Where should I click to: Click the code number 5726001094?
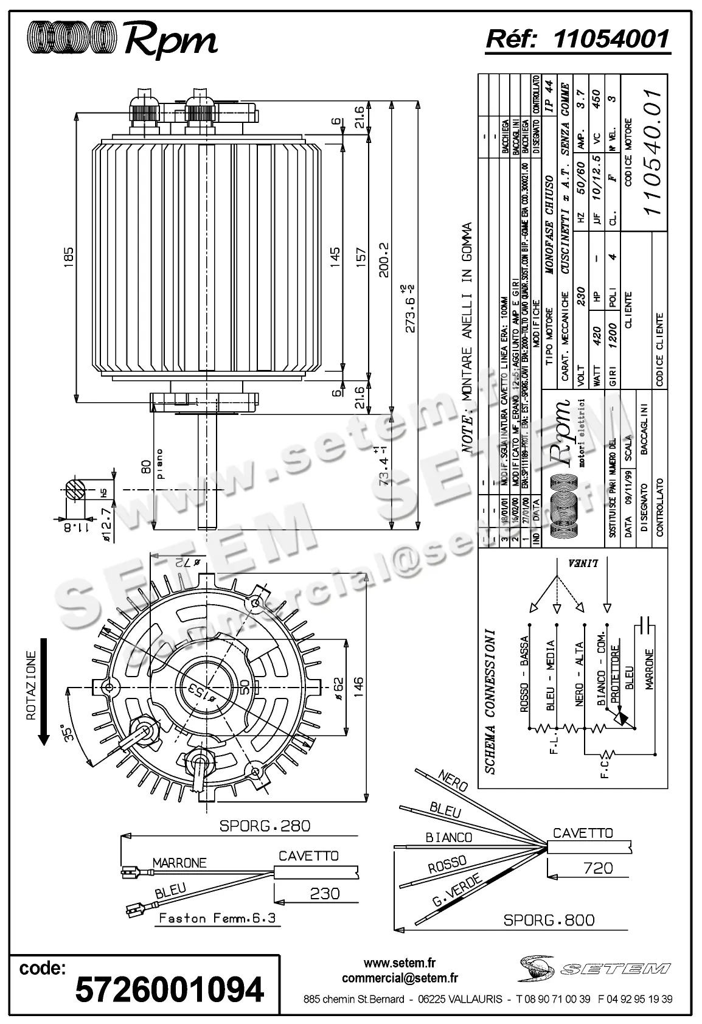click(170, 989)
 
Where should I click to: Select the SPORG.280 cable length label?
click(265, 826)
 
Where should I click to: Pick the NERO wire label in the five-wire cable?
click(452, 782)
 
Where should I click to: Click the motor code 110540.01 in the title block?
click(652, 151)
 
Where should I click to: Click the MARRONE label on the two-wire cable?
click(179, 862)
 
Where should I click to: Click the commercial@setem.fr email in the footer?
click(400, 978)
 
